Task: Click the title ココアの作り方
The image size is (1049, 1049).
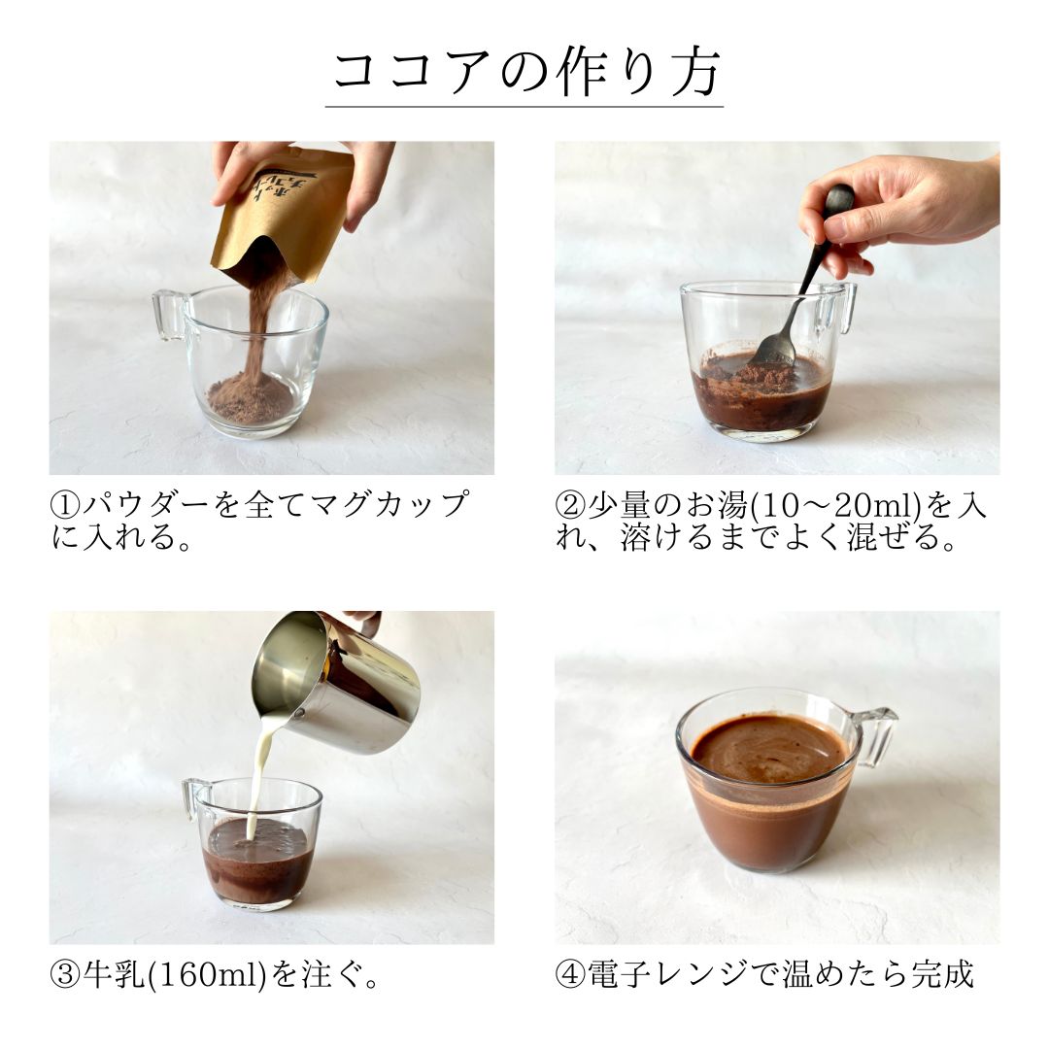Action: pos(524,74)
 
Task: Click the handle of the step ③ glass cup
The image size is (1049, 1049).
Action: pos(195,796)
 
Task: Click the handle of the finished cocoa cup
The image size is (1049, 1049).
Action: pos(878,734)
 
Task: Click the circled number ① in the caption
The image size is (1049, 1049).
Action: pos(64,506)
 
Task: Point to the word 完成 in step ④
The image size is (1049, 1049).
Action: pos(941,975)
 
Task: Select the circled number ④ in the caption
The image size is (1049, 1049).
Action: pos(569,975)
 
